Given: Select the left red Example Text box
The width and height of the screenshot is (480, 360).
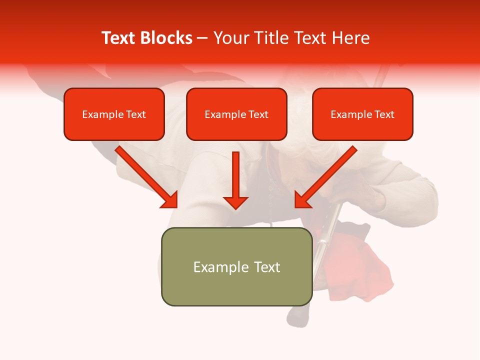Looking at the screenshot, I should click(x=114, y=114).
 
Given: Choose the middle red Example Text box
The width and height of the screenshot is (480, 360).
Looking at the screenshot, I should click(x=236, y=114).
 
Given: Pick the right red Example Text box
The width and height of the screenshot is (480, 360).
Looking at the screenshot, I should click(x=362, y=114).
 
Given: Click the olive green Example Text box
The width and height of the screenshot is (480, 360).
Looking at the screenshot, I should click(x=236, y=266).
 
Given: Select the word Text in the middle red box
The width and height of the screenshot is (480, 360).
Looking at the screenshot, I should click(x=258, y=114).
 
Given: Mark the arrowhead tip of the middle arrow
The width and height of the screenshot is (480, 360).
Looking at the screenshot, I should click(x=235, y=208).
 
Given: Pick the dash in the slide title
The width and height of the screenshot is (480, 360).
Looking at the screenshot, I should click(x=202, y=38).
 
